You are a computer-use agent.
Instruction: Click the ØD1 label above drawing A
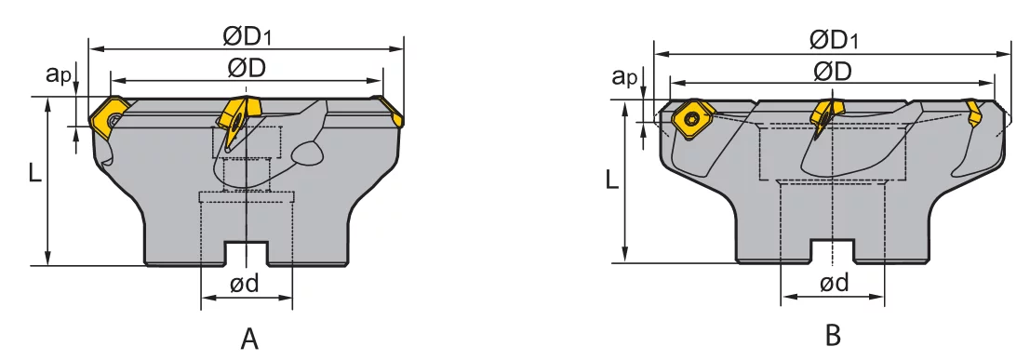click(247, 37)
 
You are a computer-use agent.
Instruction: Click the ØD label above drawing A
click(247, 68)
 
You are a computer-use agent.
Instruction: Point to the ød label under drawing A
click(245, 284)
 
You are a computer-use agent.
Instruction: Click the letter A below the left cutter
click(249, 339)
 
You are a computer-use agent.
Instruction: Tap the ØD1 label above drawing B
click(834, 41)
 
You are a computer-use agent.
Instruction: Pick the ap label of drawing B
click(624, 78)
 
